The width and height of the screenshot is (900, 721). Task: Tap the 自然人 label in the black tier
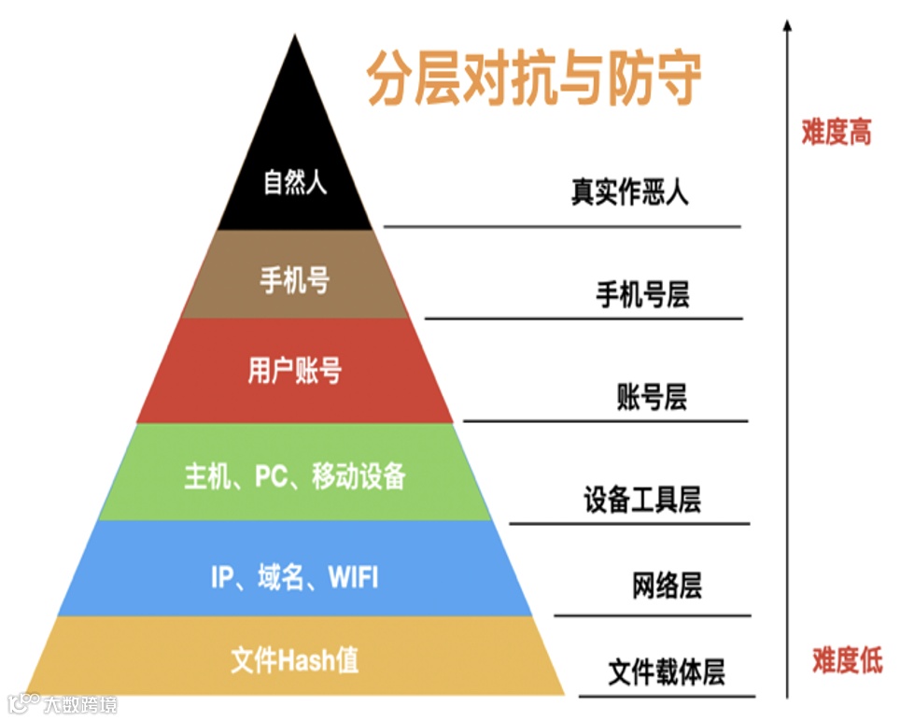coord(295,181)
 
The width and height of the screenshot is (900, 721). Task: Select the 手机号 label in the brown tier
coord(295,279)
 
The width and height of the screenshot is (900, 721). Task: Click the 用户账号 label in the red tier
coord(295,371)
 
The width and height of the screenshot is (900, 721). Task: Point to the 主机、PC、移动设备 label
coord(295,476)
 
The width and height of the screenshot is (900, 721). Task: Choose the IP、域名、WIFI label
coord(295,577)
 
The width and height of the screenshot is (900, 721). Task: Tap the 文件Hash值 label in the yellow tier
coord(295,660)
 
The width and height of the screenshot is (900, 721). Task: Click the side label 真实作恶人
coord(629,192)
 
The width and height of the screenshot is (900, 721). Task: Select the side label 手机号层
coord(642,296)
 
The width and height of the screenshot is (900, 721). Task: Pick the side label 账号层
coord(652,397)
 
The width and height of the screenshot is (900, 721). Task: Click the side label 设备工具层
coord(642,501)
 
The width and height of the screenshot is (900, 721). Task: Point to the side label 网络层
coord(667,587)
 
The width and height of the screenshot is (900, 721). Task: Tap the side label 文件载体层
coord(667,672)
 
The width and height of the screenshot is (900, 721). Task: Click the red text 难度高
coord(836,132)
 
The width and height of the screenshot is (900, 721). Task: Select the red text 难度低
coord(847,661)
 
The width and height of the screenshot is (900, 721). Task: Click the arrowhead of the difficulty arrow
coord(787,25)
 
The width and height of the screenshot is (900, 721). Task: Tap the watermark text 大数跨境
coord(80,703)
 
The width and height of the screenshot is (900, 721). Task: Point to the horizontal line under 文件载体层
coord(667,696)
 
